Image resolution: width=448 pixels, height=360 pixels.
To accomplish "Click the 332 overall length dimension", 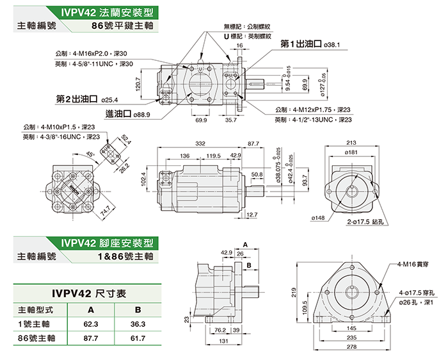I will point(200,143).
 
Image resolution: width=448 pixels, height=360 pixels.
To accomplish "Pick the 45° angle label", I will point(89,154).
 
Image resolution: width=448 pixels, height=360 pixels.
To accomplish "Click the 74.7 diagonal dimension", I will point(106,208).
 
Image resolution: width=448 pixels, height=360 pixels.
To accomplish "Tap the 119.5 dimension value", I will point(213,156).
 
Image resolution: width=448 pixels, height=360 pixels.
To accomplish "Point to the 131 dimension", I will point(223,341).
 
